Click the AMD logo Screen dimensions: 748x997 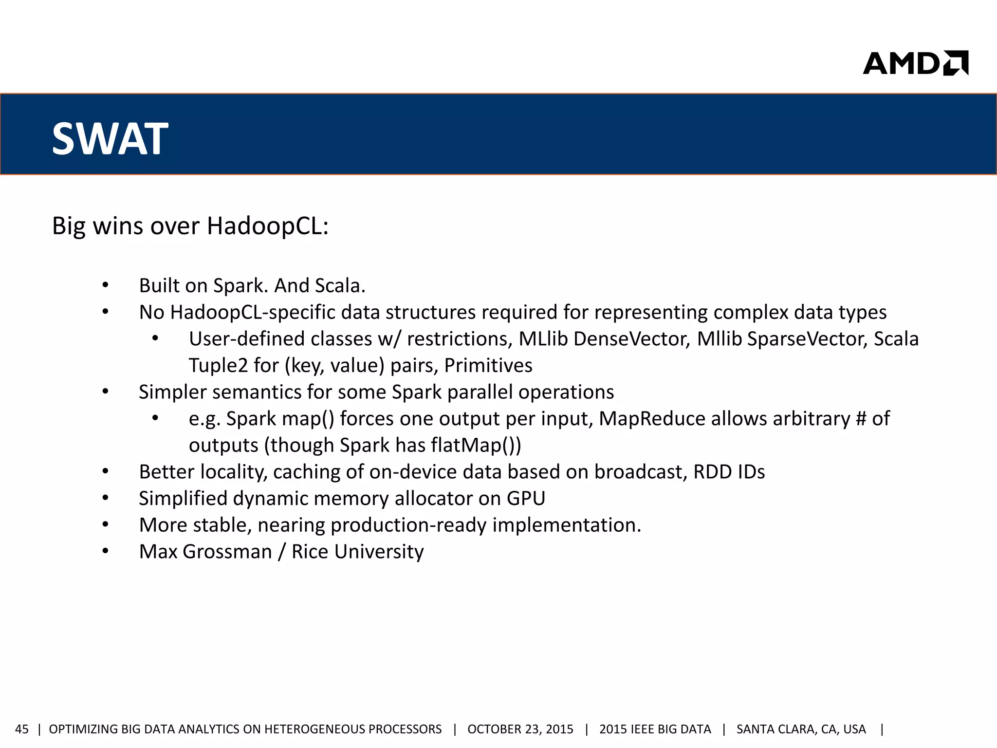(x=915, y=63)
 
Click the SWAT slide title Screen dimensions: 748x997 (x=110, y=139)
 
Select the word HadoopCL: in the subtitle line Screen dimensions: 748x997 (x=268, y=226)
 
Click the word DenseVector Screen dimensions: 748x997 (x=632, y=339)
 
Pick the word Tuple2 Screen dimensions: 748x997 (x=218, y=366)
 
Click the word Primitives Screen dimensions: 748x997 (x=488, y=366)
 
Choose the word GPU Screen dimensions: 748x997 (x=526, y=499)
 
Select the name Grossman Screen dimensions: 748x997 (x=227, y=552)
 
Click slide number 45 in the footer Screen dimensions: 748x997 (x=22, y=729)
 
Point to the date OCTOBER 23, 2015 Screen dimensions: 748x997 (x=520, y=729)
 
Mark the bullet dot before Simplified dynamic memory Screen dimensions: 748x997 (x=105, y=499)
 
